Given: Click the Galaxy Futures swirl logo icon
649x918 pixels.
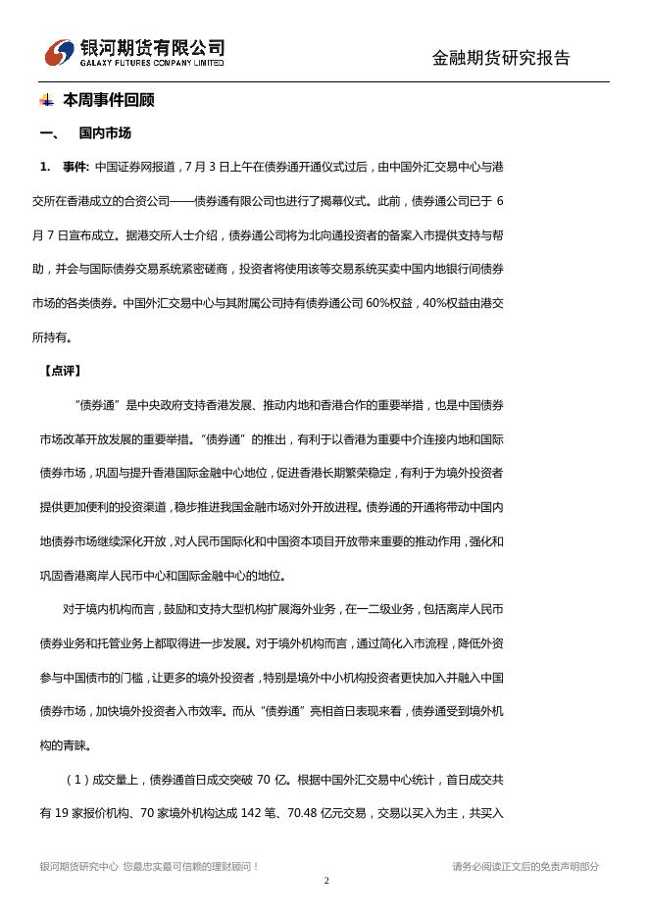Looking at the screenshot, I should pos(60,53).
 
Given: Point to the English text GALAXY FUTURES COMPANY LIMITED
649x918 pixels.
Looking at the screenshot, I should pos(152,63).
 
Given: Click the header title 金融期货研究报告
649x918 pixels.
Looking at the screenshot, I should pos(501,58).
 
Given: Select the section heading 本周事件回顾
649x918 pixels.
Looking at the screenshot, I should pos(108,100).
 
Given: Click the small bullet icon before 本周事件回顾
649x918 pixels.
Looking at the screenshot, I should pos(46,100).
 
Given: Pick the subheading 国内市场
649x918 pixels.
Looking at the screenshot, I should pos(105,133).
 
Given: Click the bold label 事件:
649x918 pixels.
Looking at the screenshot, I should pos(75,167).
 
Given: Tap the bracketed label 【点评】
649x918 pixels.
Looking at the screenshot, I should pos(62,371).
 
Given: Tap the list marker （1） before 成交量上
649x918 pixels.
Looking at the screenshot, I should pos(77,780).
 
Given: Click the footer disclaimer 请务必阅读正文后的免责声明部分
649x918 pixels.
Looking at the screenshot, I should pos(525,867).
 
